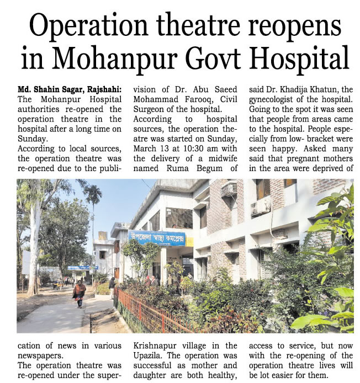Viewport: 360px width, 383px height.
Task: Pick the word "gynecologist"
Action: click(279, 99)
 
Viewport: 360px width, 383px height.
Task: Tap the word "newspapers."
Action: click(40, 355)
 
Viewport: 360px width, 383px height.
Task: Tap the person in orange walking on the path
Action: click(80, 293)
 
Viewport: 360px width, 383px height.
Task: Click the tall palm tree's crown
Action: click(93, 194)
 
